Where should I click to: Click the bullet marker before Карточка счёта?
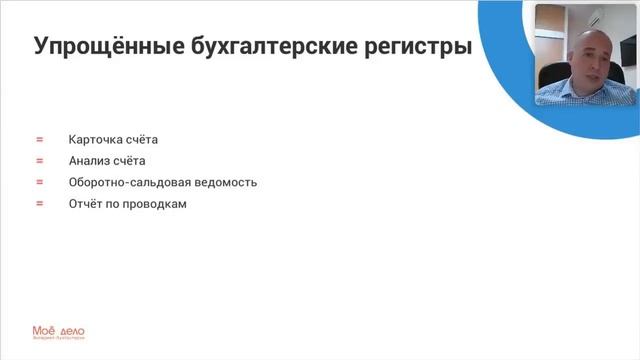(39, 140)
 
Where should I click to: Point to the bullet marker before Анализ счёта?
(39, 161)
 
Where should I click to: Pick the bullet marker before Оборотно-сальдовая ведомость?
(39, 182)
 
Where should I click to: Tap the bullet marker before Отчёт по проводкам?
(39, 203)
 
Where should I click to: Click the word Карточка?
(95, 140)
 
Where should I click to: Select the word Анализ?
(90, 161)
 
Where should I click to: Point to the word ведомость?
(225, 182)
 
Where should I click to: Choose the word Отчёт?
(86, 203)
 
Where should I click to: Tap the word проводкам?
(155, 203)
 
